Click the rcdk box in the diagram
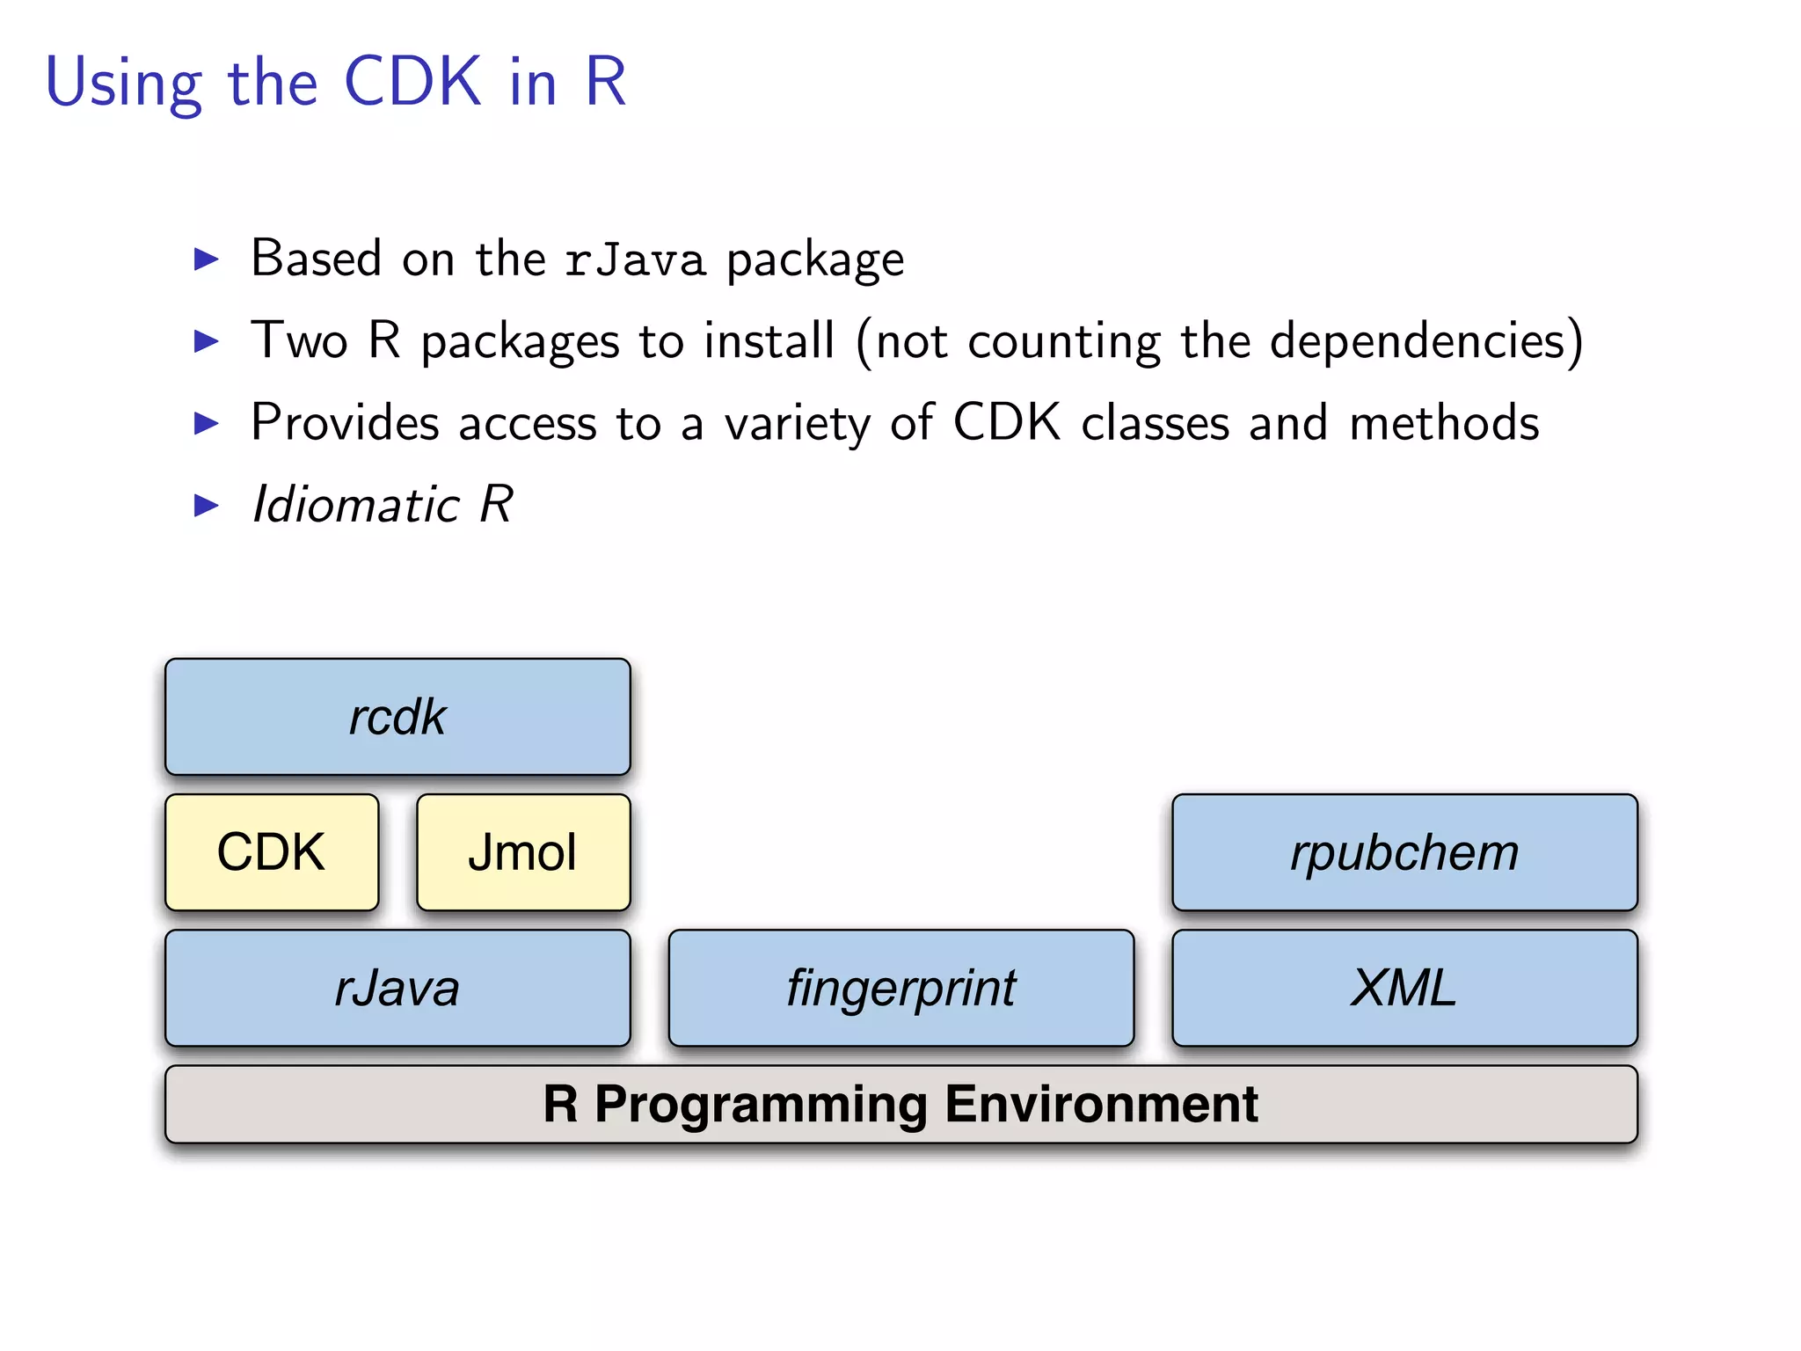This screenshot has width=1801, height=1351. pos(397,717)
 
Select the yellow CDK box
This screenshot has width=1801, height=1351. pos(272,852)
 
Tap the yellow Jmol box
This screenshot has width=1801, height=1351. pos(523,852)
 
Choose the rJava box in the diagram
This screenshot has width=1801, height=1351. pos(397,988)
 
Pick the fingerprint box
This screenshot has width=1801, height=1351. pos(901,988)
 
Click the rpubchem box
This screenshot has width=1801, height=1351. pos(1404,852)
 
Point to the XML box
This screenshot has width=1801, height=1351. pos(1404,988)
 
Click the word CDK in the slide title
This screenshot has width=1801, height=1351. pos(412,82)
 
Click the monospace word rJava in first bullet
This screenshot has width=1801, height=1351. pos(635,260)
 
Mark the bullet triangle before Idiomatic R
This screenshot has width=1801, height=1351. pos(206,506)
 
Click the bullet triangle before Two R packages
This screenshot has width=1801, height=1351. pos(206,341)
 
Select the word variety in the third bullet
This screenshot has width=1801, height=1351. pos(797,424)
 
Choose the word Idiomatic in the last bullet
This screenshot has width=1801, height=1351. pos(355,505)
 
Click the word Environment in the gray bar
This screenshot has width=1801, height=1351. pos(1103,1105)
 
